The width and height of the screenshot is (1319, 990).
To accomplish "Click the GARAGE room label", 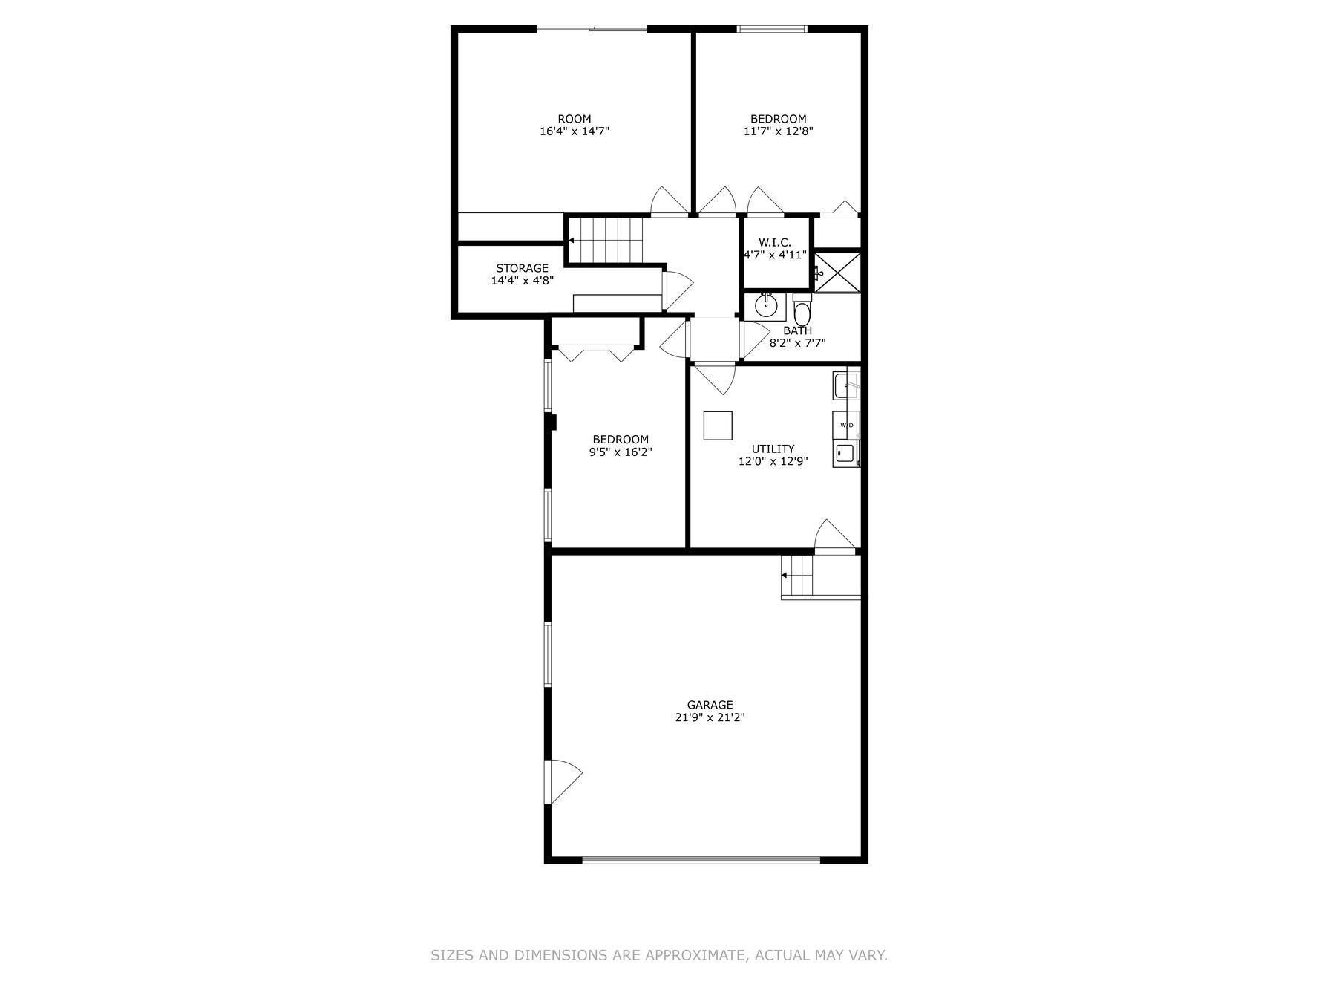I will tap(710, 705).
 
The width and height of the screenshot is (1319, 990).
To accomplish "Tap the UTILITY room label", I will tap(773, 449).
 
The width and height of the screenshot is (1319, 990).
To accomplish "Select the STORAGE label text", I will tap(522, 268).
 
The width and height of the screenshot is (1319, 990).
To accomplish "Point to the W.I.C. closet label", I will tap(774, 242).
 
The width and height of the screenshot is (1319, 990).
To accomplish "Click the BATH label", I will tap(797, 330).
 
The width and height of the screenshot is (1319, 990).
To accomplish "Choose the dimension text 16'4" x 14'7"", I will tap(574, 131).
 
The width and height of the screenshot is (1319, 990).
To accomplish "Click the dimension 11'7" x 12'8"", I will tap(778, 131).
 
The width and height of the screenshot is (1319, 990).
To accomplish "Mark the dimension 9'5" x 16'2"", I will tap(621, 452).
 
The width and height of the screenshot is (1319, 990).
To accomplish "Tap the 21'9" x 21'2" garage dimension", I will tap(710, 717).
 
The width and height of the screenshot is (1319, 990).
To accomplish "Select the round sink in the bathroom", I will tap(765, 305).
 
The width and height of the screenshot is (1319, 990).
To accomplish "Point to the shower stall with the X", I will tap(838, 272).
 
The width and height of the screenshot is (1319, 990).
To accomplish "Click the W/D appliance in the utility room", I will tap(846, 425).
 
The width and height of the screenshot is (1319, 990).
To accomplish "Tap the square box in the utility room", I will tap(718, 426).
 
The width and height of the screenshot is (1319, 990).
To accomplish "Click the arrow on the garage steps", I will tap(785, 575).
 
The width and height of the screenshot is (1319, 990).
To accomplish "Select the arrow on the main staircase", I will tap(571, 241).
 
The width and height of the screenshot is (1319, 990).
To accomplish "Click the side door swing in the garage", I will tap(563, 781).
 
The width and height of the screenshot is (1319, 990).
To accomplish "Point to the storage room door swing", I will tap(676, 290).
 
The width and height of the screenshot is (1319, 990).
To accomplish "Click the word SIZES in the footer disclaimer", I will tap(452, 955).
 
